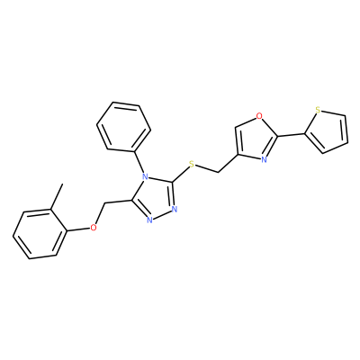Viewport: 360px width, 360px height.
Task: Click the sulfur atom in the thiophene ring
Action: (319, 111)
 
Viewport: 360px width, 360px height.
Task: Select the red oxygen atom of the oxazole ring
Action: (259, 115)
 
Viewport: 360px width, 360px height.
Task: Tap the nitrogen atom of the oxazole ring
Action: (264, 159)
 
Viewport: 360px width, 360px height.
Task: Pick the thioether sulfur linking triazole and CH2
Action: (192, 164)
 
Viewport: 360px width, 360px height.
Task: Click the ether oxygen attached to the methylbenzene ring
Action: (94, 228)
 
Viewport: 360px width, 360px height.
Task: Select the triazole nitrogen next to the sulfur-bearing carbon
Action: (175, 209)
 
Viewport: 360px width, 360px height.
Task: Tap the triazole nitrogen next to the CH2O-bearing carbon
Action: (149, 220)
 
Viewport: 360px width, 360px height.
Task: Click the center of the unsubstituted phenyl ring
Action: (123, 126)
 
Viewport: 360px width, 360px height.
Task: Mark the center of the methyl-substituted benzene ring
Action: (40, 234)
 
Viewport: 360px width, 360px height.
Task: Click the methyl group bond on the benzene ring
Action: (57, 196)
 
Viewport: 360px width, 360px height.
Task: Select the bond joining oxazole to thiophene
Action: (291, 135)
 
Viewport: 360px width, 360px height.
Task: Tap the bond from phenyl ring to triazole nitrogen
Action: (139, 161)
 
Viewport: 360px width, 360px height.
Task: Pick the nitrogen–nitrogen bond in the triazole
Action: (162, 214)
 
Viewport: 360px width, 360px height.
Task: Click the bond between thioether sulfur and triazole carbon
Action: (180, 173)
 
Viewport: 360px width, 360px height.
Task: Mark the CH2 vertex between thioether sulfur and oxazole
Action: (218, 172)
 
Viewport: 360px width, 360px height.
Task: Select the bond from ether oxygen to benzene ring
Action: (78, 229)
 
